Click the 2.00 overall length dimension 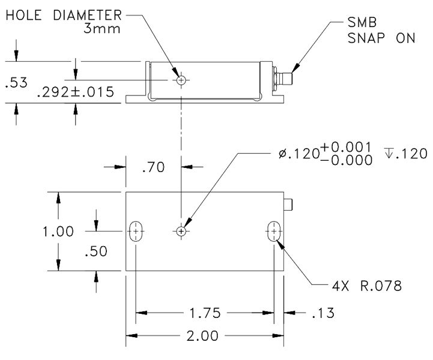pos(202,337)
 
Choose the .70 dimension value pos(153,169)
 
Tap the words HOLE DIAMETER pos(64,15)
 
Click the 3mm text pos(103,28)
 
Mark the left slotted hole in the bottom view pos(136,231)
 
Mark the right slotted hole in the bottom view pos(274,231)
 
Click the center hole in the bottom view pos(181,231)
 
